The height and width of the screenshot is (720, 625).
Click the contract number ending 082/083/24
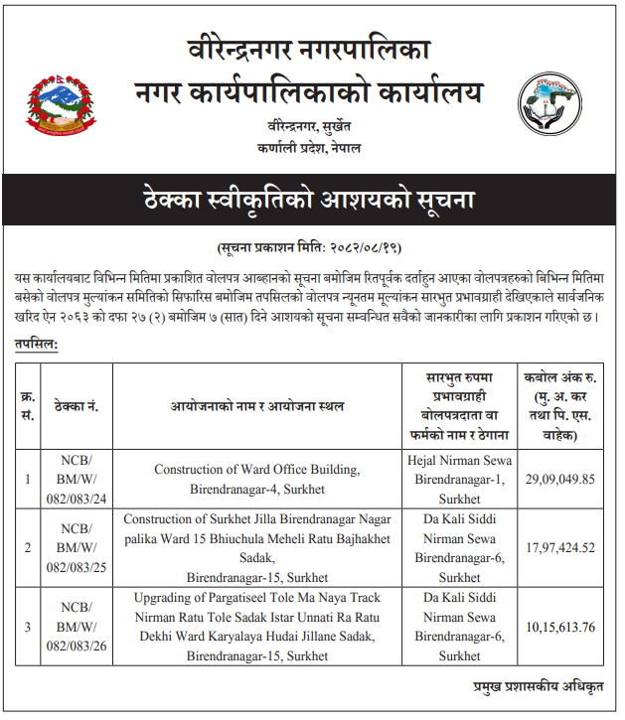click(x=75, y=479)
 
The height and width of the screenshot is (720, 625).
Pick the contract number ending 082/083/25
click(x=75, y=547)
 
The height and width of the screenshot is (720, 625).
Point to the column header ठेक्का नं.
click(x=75, y=406)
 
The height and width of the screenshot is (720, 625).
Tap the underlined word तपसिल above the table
click(x=36, y=344)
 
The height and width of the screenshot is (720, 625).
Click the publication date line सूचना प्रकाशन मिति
click(x=309, y=246)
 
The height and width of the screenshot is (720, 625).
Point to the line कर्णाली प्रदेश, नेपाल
click(x=308, y=147)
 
